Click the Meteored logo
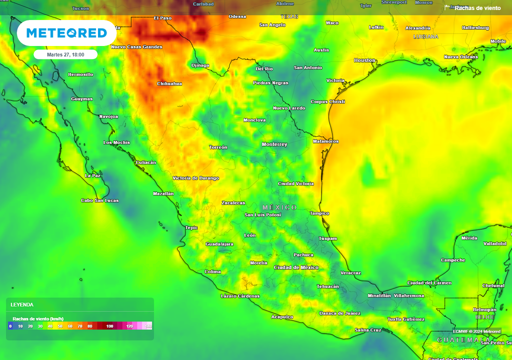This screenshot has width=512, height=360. (x=66, y=33)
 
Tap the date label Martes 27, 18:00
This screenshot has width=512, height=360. (x=65, y=54)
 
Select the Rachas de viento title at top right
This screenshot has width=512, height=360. (x=477, y=8)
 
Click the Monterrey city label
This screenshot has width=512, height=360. (x=274, y=144)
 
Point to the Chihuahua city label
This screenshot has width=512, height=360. (x=169, y=83)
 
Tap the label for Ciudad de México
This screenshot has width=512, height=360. (x=296, y=267)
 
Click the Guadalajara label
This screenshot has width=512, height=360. (x=219, y=244)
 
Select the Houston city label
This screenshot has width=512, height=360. (x=364, y=60)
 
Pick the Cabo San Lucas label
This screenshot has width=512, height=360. (x=100, y=200)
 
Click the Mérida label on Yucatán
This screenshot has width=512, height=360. (x=469, y=238)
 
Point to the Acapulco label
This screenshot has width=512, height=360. (x=282, y=317)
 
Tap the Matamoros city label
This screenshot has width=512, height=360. (x=325, y=141)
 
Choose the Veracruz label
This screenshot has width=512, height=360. (x=350, y=273)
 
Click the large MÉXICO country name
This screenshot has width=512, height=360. (x=279, y=207)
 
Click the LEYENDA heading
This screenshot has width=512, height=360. (x=22, y=304)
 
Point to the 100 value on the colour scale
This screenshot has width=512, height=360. (x=109, y=326)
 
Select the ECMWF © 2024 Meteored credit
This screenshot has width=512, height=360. (x=476, y=331)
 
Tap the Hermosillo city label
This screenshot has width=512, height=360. (x=80, y=74)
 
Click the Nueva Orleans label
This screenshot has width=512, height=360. (x=461, y=57)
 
